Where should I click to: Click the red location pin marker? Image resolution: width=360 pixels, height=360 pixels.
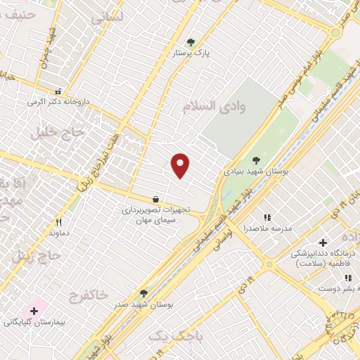pos(181,165)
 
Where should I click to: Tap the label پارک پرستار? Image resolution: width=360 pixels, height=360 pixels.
pos(192,53)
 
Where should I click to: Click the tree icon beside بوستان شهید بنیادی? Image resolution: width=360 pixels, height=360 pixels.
pos(255,160)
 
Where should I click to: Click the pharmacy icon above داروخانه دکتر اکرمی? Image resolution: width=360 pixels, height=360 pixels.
pos(58,91)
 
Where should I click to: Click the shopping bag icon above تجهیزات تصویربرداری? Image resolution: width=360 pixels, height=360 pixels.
pos(155,199)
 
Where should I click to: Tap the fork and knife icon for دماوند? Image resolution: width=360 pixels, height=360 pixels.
pos(58,222)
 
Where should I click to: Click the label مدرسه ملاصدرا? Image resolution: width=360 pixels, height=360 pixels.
pos(265,229)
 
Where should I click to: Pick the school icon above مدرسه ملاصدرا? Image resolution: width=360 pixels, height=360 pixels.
pos(266,217)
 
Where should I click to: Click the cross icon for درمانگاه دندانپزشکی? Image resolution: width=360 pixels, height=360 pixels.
pos(323,242)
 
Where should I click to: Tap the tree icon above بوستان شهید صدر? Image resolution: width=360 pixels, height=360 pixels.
pos(143,293)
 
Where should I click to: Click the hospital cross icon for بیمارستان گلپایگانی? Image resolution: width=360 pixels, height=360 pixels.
pos(34,310)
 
